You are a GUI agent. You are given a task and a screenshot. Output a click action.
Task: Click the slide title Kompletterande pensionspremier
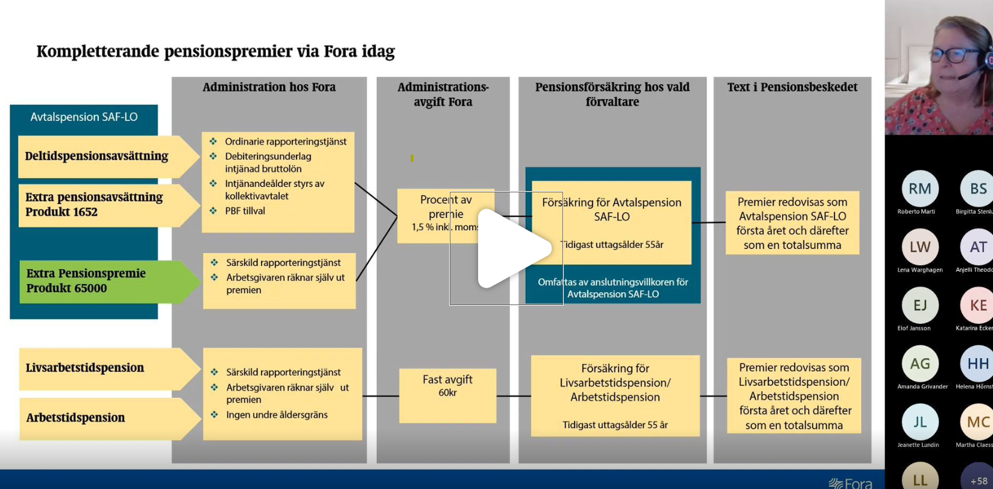tap(215, 52)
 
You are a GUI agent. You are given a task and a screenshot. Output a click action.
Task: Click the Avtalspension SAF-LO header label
tap(84, 117)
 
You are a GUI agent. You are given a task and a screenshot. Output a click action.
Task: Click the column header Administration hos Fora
tap(269, 87)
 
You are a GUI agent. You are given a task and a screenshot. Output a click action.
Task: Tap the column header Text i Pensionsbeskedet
tap(792, 87)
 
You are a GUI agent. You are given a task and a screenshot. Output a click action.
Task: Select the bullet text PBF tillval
tap(245, 211)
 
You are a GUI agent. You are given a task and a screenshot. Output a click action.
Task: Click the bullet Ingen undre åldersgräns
tap(277, 415)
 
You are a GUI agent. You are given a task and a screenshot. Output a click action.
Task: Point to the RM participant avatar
tap(919, 189)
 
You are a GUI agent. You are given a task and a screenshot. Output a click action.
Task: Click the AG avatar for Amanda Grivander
tap(919, 364)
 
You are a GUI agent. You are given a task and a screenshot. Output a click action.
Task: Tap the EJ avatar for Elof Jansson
tap(919, 305)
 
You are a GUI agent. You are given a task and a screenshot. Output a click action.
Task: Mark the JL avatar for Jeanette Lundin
tap(919, 422)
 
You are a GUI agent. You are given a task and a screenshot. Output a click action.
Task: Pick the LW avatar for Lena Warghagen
tap(919, 247)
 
